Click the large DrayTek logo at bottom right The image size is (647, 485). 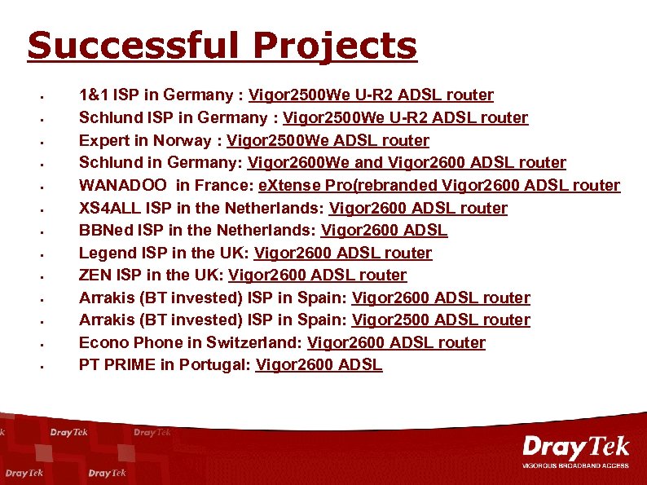click(575, 447)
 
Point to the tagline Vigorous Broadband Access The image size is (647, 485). click(575, 465)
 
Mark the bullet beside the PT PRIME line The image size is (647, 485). click(41, 366)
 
